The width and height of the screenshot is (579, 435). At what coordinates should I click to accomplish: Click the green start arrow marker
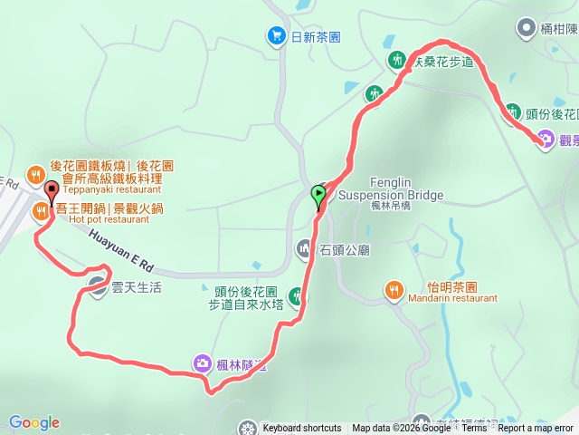click(318, 194)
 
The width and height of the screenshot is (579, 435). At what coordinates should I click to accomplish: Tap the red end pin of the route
click(51, 190)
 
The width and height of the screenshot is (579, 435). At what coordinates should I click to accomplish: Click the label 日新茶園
click(316, 36)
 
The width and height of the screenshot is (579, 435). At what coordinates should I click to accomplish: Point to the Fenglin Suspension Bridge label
click(391, 188)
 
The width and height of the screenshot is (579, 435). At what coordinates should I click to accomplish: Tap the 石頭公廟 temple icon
click(304, 248)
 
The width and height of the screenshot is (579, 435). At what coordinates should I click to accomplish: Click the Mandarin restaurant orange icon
click(394, 290)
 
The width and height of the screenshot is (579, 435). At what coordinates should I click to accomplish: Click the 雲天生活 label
click(137, 287)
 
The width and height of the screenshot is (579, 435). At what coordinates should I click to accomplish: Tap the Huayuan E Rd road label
click(123, 253)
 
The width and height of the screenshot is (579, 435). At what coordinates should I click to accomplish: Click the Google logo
click(33, 422)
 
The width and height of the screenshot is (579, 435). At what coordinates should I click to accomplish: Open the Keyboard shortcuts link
click(302, 429)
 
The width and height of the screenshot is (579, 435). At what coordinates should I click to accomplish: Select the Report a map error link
click(536, 429)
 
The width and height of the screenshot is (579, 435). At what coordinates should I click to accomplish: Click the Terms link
click(474, 429)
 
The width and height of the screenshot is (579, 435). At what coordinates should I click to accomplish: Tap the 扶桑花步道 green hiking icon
click(397, 61)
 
